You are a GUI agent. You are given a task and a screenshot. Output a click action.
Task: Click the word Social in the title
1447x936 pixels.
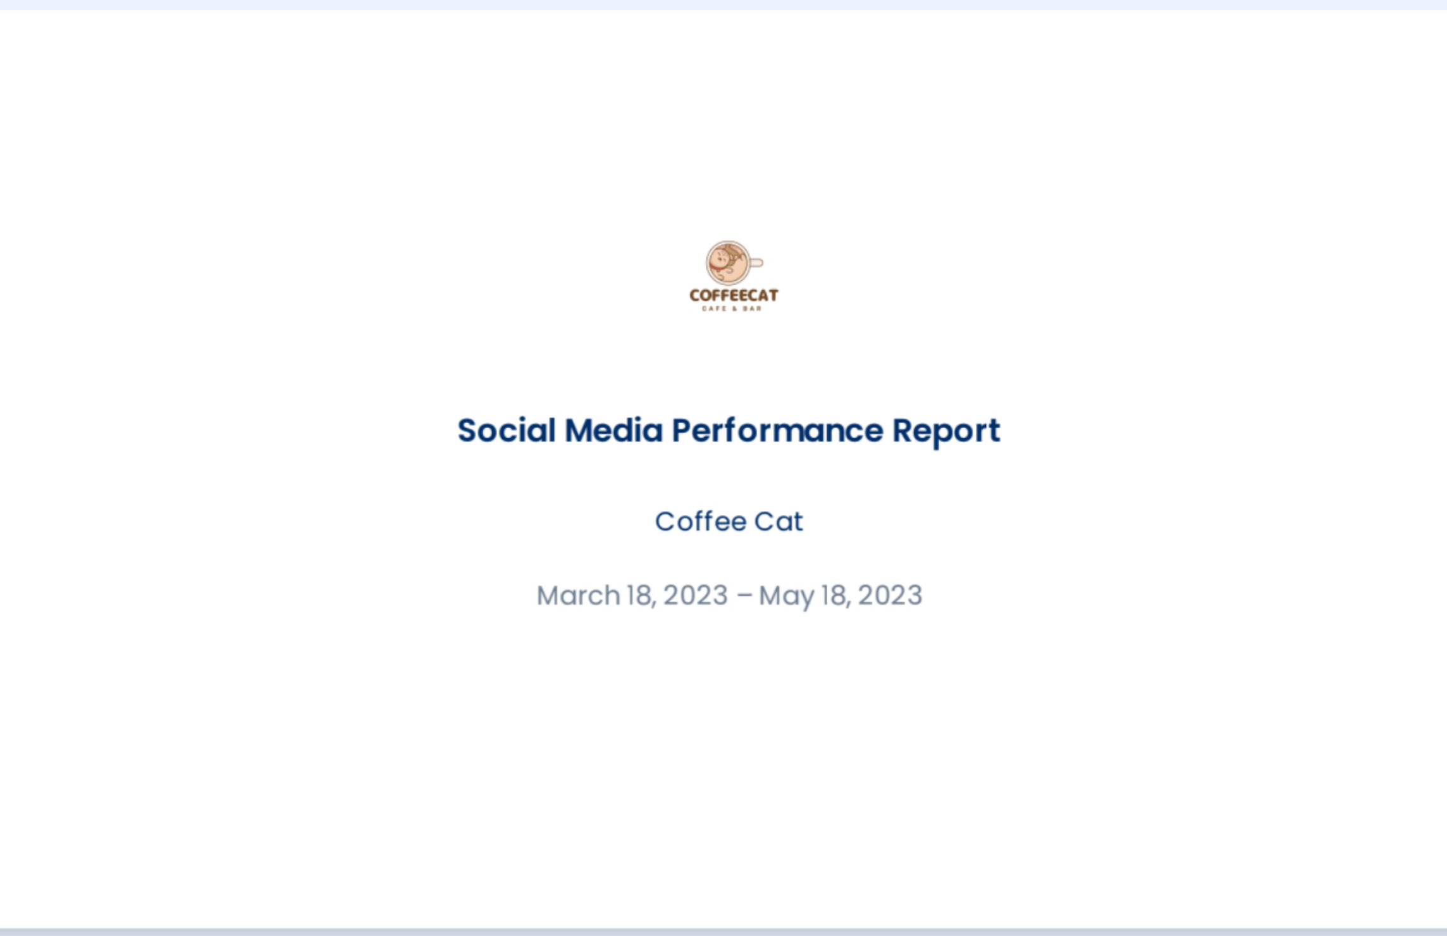(507, 431)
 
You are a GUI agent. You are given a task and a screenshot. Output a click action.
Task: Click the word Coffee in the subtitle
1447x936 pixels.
(701, 522)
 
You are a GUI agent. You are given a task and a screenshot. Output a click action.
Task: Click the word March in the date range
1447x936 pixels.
(578, 595)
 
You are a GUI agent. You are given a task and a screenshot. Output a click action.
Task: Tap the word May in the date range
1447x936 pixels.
(787, 597)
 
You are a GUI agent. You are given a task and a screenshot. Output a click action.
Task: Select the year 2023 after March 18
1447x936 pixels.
(696, 596)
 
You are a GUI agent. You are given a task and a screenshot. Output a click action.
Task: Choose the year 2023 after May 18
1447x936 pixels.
(890, 596)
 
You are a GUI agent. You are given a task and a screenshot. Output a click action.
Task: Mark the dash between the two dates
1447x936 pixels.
(744, 596)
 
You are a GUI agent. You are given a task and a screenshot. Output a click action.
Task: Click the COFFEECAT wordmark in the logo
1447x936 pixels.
(734, 295)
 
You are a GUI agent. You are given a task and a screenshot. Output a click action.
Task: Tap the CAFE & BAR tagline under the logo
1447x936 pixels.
(732, 309)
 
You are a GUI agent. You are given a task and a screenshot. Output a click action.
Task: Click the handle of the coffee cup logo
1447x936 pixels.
(756, 262)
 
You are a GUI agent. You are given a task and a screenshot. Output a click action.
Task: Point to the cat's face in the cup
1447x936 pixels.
(721, 258)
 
